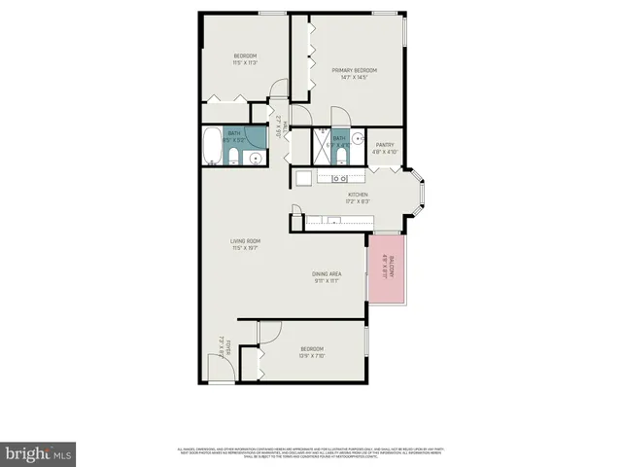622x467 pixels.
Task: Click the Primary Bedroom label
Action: (353, 70)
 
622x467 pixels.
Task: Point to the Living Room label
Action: (245, 240)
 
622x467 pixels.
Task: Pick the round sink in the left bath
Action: (256, 158)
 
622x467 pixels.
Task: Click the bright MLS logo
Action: (38, 452)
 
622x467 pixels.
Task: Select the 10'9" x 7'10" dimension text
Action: (312, 356)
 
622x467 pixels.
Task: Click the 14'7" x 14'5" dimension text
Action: (353, 77)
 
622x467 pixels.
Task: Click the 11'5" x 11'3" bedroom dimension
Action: (245, 62)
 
